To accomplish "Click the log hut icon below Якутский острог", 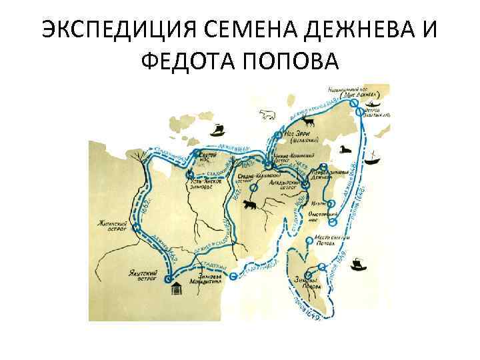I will point(176,290).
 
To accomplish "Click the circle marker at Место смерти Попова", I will point(309,239).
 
